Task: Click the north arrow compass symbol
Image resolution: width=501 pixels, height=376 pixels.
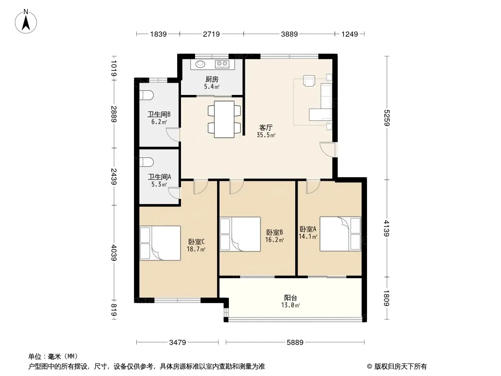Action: [27, 21]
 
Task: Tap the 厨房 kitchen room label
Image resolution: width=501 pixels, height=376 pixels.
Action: [211, 79]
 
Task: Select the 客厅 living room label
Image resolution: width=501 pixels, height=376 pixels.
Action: [266, 127]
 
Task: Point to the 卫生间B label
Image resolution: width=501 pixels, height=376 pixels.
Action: [159, 114]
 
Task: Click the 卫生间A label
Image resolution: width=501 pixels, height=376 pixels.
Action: [159, 177]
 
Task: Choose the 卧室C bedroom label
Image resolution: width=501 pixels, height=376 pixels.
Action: [196, 242]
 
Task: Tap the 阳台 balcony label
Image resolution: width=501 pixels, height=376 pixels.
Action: [290, 298]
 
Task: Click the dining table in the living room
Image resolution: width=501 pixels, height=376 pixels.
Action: [224, 119]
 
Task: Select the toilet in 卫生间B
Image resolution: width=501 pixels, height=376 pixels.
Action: [146, 94]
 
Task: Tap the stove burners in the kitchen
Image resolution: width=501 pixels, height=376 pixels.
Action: [221, 64]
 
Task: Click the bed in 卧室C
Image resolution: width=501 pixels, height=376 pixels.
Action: [160, 243]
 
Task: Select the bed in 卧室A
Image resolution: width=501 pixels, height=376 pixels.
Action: [340, 234]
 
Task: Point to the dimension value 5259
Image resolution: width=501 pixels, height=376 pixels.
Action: [386, 118]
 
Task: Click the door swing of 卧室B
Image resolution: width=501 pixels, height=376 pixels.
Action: [236, 187]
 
